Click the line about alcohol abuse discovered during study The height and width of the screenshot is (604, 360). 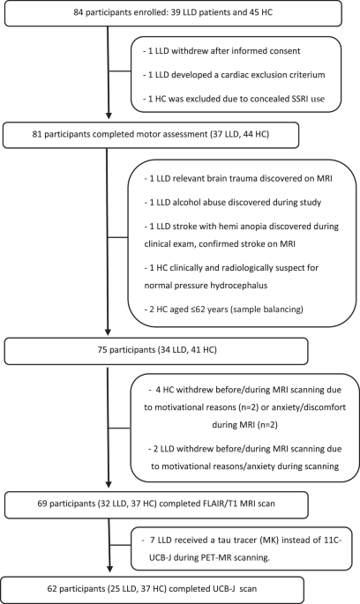pyautogui.click(x=244, y=206)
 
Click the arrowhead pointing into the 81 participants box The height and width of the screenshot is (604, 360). pyautogui.click(x=109, y=121)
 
